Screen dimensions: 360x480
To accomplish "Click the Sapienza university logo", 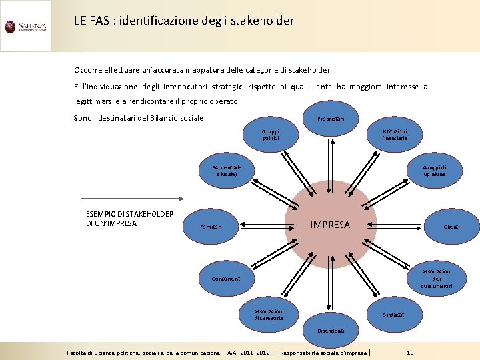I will (x=25, y=27).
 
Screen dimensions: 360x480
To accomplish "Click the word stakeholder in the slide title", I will (x=261, y=21).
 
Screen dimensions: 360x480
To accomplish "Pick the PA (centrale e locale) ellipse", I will (x=227, y=171).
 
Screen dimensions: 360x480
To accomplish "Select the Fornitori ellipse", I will (x=211, y=227).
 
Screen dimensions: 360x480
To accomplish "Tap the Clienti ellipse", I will (x=451, y=227).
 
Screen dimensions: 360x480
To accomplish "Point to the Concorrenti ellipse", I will (x=226, y=278).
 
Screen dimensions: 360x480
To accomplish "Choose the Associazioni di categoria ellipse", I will (x=269, y=314).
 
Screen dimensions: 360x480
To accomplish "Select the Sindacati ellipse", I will (x=393, y=314).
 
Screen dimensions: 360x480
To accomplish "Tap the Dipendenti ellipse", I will (x=331, y=330).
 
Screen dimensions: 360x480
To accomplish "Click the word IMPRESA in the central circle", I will (x=330, y=225).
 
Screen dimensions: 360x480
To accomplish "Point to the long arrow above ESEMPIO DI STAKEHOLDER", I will (x=133, y=198).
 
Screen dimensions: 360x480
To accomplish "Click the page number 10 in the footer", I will (x=410, y=352).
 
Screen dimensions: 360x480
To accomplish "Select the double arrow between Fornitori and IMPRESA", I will (x=263, y=225).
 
